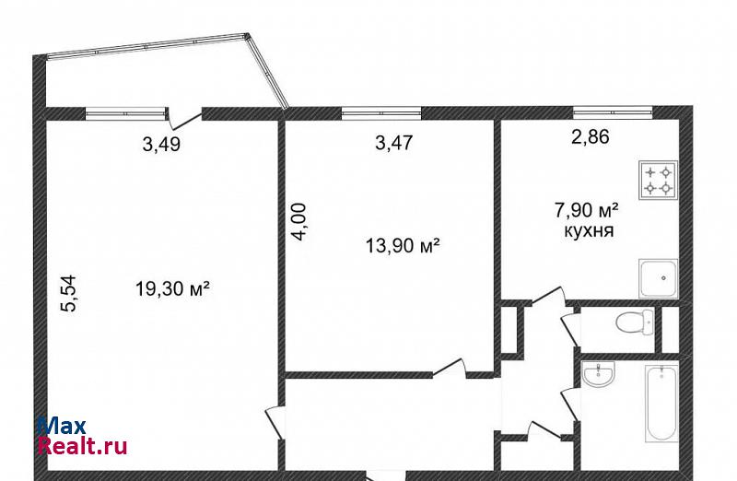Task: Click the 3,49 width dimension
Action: (x=161, y=145)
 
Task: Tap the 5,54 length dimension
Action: (x=68, y=294)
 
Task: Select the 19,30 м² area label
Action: (x=172, y=288)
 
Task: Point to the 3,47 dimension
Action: (x=394, y=143)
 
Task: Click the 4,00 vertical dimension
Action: (x=298, y=222)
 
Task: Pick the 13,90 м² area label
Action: (x=403, y=245)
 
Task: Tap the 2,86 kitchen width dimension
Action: (x=591, y=136)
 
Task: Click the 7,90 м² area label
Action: (x=587, y=210)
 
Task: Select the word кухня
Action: (x=589, y=231)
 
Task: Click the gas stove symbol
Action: (x=658, y=180)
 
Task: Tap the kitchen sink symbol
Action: (x=658, y=278)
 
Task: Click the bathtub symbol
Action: (x=661, y=403)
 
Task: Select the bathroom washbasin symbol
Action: (x=598, y=375)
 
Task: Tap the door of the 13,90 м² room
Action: (x=450, y=368)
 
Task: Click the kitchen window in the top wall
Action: (x=613, y=112)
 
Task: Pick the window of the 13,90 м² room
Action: (x=381, y=112)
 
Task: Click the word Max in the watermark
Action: (x=62, y=426)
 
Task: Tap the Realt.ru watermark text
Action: (x=82, y=445)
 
